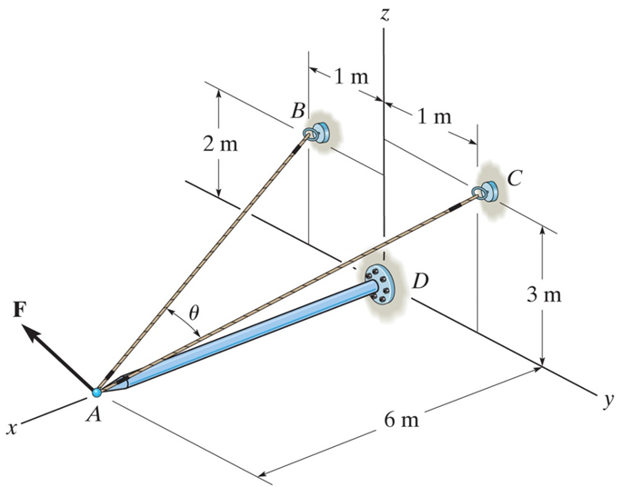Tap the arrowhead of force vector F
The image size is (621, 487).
(31, 334)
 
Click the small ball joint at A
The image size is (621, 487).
(96, 392)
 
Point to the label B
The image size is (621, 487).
(298, 111)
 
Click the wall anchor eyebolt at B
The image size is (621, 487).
(317, 134)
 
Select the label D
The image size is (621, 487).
(419, 281)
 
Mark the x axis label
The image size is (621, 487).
(11, 428)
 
